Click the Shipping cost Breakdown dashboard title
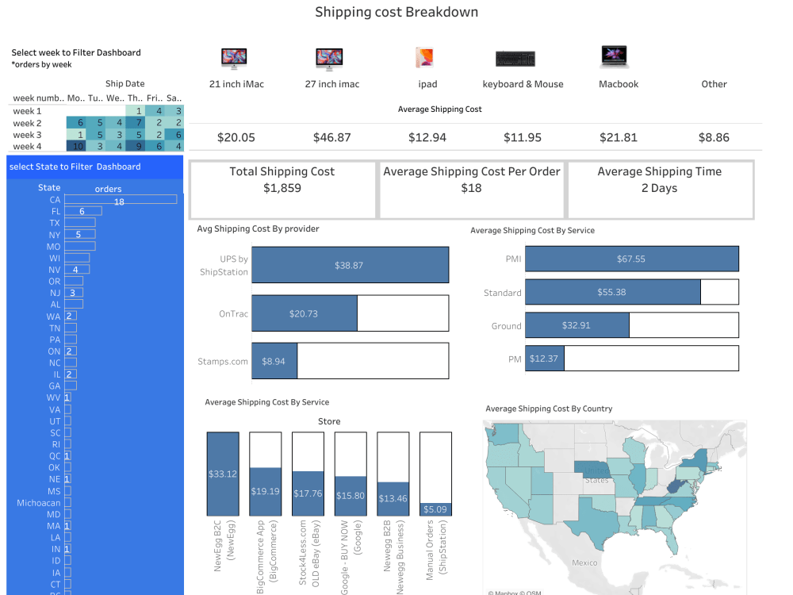(396, 12)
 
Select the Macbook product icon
(615, 56)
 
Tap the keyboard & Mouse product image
(515, 58)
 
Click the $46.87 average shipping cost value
(332, 137)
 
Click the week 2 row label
(28, 123)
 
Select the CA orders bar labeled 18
(120, 201)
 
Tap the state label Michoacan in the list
(39, 503)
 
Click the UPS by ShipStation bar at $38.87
(350, 265)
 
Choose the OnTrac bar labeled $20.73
(305, 314)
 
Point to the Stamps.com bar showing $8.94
(274, 361)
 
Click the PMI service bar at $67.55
(631, 259)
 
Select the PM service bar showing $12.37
(545, 359)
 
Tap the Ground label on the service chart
(506, 326)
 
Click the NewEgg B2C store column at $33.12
(223, 474)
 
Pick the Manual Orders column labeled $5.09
(435, 509)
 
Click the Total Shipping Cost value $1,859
(282, 188)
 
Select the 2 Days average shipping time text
(659, 188)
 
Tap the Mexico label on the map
(584, 562)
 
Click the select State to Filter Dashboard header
(75, 167)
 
